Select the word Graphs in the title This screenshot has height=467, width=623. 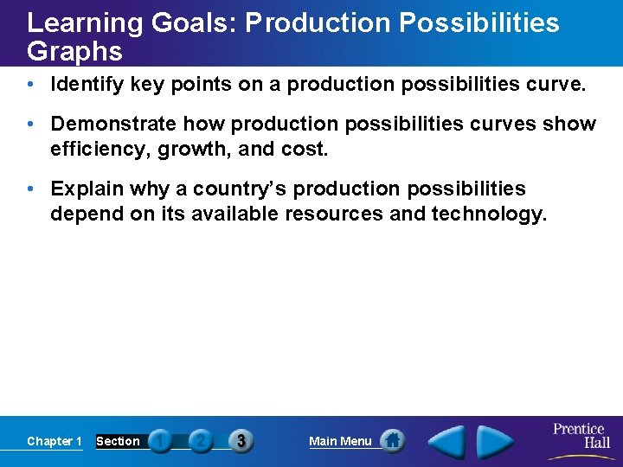pos(74,52)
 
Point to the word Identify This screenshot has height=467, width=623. pos(87,85)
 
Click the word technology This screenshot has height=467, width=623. pos(483,213)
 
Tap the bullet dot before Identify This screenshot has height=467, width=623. pos(31,86)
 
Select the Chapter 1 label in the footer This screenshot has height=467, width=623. pos(54,441)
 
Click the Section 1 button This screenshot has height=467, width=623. pos(160,441)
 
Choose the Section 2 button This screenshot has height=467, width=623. pos(200,441)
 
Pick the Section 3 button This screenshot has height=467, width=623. pos(241,441)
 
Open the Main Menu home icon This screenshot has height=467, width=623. pos(392,441)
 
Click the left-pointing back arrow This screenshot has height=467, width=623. pos(447,442)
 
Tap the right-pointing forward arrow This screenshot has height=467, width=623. pos(496,442)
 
